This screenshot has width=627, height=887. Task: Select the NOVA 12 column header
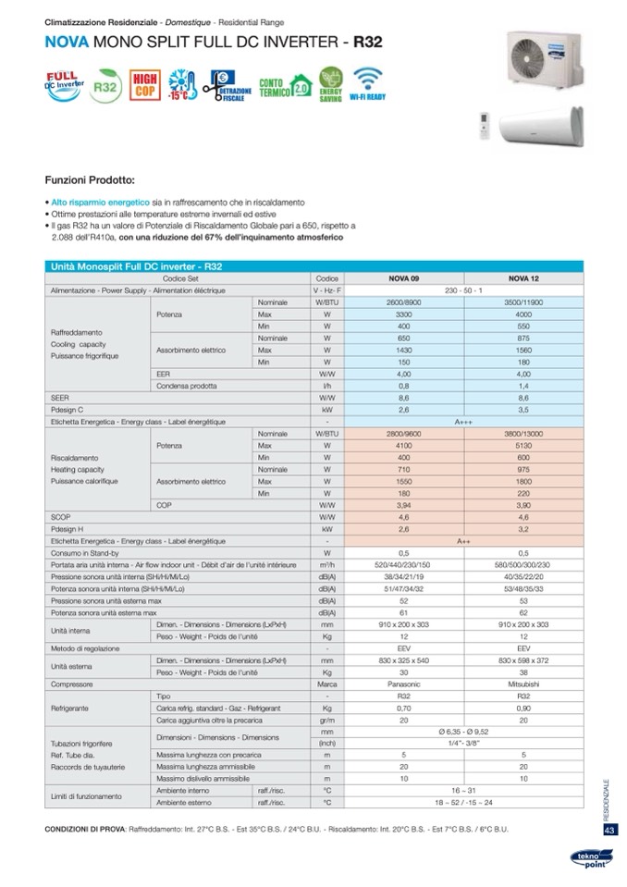click(x=523, y=278)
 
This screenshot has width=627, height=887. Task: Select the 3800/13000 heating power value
click(x=523, y=434)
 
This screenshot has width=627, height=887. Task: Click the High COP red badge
click(x=144, y=84)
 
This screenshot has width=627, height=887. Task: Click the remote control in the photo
click(x=482, y=128)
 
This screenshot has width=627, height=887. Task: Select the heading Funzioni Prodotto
click(x=90, y=179)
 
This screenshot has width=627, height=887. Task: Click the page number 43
click(x=609, y=830)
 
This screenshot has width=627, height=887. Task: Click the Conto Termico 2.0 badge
click(x=285, y=88)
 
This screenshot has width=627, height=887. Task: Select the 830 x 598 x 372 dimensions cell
click(x=523, y=661)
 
